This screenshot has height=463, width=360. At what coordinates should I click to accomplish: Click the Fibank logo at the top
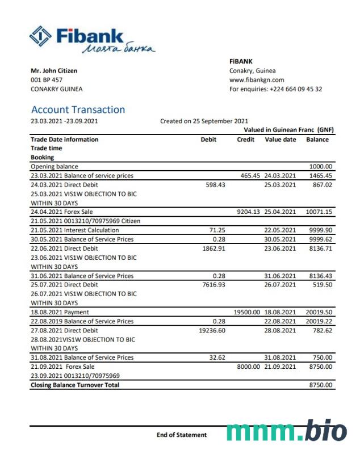click(x=91, y=40)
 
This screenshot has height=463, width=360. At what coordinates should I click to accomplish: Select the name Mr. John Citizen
click(x=54, y=71)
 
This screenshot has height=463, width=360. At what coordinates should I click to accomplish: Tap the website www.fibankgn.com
click(x=257, y=80)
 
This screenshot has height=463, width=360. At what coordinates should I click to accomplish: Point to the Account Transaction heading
click(x=78, y=110)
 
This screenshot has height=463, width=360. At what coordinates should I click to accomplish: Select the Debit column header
click(x=208, y=140)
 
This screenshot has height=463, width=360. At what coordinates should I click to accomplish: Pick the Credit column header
click(x=245, y=140)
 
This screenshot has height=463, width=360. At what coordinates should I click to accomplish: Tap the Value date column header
click(x=280, y=140)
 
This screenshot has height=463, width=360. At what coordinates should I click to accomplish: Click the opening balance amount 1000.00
click(x=321, y=167)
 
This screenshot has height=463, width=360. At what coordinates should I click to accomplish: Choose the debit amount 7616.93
click(x=214, y=285)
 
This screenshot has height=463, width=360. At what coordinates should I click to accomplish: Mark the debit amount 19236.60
click(x=212, y=330)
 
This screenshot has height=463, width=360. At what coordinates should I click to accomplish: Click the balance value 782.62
click(x=322, y=330)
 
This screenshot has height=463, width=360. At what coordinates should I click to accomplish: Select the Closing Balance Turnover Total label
click(x=75, y=385)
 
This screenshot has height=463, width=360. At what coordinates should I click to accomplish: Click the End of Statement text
click(x=182, y=435)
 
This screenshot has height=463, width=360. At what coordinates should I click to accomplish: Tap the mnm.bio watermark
click(x=286, y=431)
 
